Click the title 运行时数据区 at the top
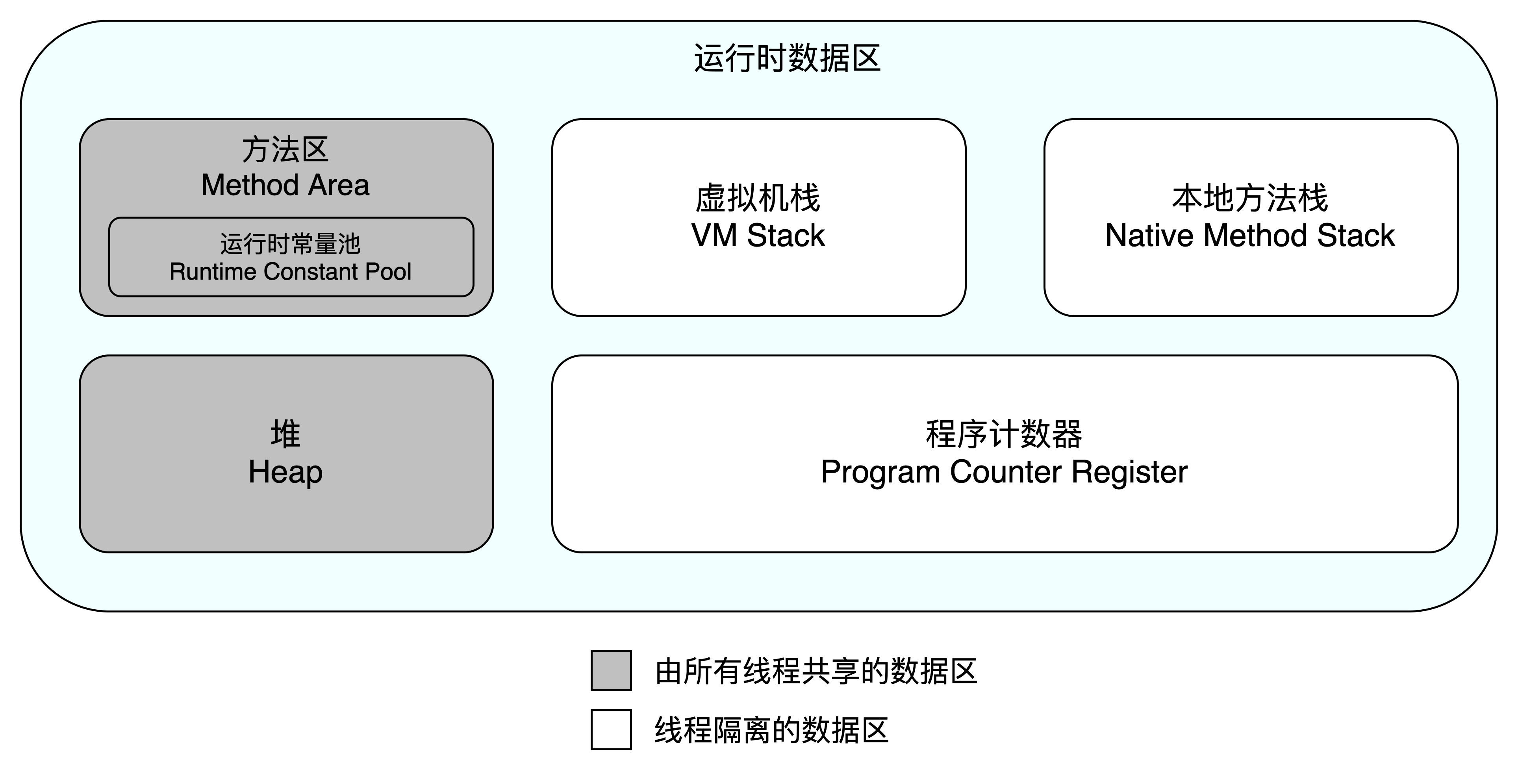787,58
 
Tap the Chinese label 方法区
285,150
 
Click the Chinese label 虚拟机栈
758,198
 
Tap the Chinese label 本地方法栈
1250,198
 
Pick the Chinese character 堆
285,434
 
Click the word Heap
285,472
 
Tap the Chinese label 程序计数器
1004,434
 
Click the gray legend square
611,670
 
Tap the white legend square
611,729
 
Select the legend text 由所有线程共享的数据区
816,672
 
